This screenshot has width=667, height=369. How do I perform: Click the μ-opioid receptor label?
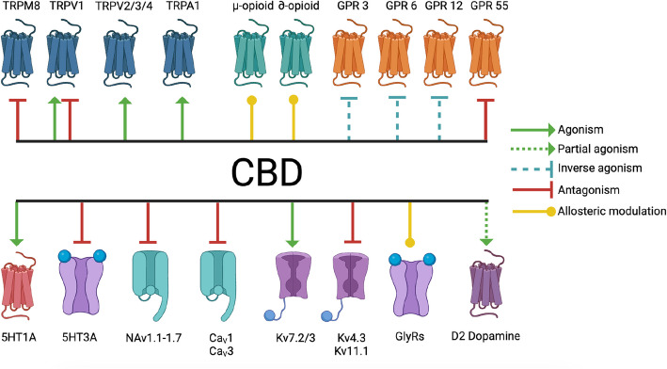tap(252, 8)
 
